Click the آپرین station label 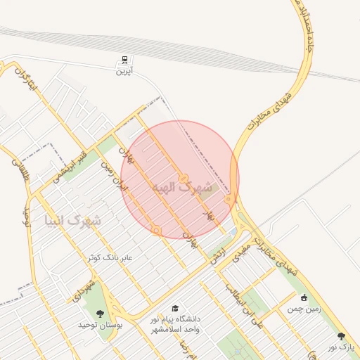(x=124, y=72)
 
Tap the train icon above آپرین (x=124, y=60)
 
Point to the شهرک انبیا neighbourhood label (x=72, y=221)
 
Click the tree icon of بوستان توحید (x=100, y=313)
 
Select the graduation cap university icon (x=175, y=308)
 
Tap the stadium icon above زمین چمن (x=304, y=297)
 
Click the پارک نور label (x=342, y=347)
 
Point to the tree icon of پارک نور (x=342, y=336)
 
